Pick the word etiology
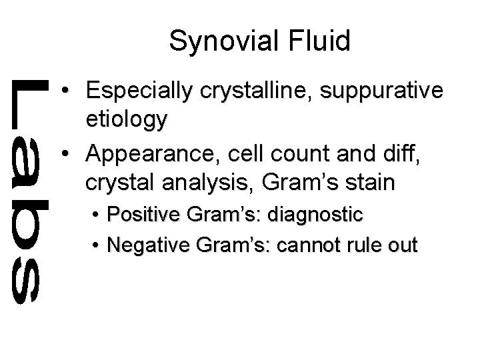[x=127, y=121]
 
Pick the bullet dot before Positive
[x=96, y=215]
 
